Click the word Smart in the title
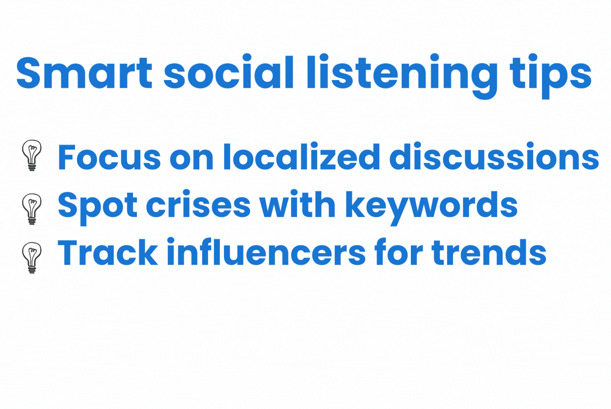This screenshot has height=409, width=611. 84,73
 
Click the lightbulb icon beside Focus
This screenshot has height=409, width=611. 32,155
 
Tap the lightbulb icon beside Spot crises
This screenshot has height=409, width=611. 32,209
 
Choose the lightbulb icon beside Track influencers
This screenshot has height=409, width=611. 32,257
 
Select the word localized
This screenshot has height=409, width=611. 302,156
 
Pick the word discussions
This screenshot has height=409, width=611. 494,156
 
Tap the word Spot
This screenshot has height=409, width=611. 97,208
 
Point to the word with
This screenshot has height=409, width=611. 297,204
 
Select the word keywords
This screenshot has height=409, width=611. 431,208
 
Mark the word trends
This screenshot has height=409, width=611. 489,252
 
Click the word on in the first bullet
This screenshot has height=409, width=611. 192,160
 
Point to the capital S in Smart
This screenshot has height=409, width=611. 28,73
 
